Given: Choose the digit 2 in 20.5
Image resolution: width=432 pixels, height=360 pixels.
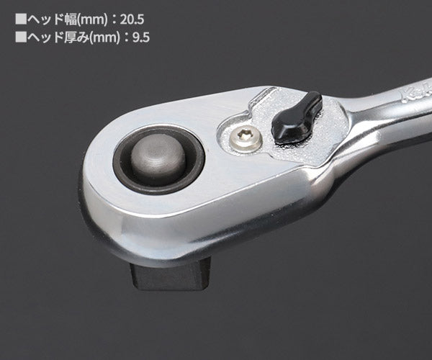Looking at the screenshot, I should [122, 17].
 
